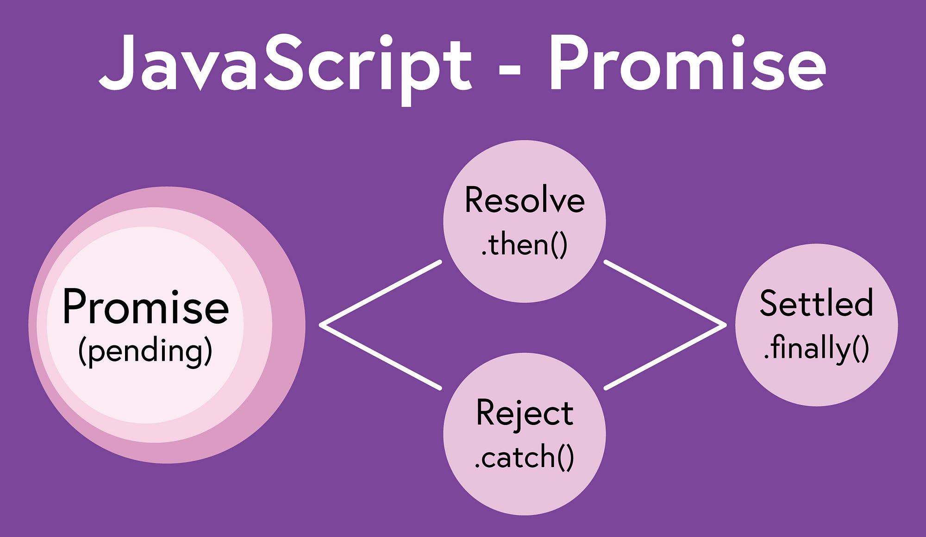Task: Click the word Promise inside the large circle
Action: click(x=146, y=306)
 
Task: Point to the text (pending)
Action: click(x=145, y=351)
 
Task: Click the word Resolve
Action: click(x=525, y=200)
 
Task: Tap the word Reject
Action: click(x=525, y=413)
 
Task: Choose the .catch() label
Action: click(x=525, y=457)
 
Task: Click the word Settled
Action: click(x=816, y=303)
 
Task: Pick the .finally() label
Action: click(x=816, y=348)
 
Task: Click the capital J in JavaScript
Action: click(x=116, y=62)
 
